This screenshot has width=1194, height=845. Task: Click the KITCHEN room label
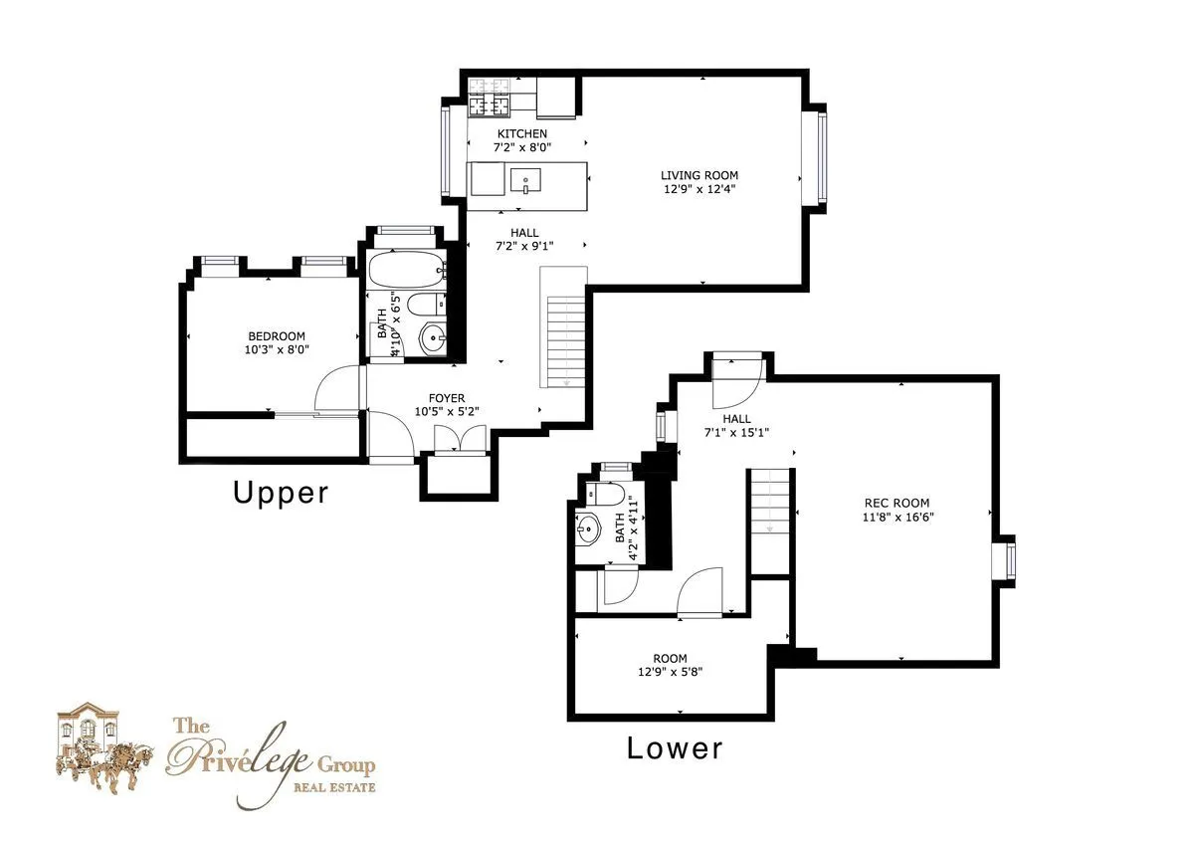[522, 133]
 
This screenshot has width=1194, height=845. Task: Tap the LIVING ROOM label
[699, 175]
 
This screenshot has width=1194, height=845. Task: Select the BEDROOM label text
[277, 336]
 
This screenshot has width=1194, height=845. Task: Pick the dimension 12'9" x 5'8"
[670, 672]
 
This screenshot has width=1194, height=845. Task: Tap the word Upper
[281, 492]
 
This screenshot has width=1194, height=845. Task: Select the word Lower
[675, 748]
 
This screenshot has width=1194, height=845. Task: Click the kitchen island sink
[525, 180]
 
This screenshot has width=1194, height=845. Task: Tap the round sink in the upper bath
[433, 339]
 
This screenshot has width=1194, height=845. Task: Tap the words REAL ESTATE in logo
[333, 788]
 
